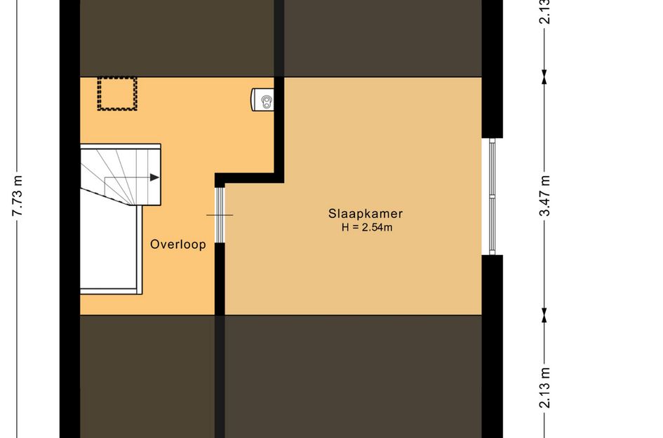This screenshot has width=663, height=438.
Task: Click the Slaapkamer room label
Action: tap(366, 214)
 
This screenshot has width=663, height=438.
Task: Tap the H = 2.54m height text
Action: tap(367, 227)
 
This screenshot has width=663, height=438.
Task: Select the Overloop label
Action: tap(178, 245)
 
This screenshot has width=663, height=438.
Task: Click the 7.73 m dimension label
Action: tap(18, 196)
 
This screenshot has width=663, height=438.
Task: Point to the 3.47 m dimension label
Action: tap(545, 196)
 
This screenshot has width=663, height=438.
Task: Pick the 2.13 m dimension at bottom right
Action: tap(545, 388)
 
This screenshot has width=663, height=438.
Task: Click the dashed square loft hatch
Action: tap(117, 93)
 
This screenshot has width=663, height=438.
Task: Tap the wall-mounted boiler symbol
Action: tap(262, 100)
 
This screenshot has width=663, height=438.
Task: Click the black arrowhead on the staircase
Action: tap(155, 177)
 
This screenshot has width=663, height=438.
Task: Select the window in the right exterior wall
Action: tap(493, 196)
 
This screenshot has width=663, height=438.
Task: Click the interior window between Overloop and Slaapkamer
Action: tap(220, 215)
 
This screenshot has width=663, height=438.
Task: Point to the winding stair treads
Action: tap(121, 175)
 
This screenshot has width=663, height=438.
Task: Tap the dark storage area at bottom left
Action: tap(147, 376)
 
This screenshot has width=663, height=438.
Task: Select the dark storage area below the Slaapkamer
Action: tap(353, 376)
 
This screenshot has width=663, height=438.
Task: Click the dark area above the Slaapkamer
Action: tap(382, 38)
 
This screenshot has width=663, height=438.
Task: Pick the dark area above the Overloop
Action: tap(178, 38)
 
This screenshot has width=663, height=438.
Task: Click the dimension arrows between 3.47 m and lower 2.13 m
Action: tap(544, 315)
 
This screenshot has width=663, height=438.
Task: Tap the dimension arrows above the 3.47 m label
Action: tap(544, 76)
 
